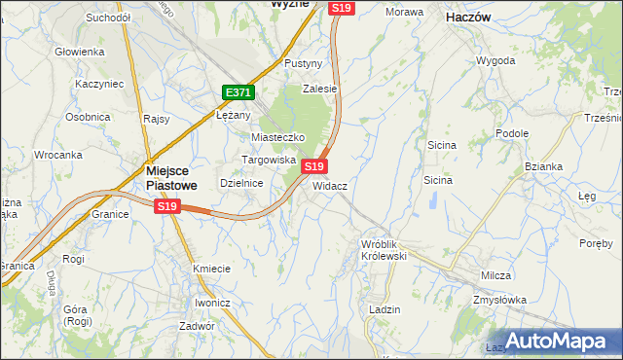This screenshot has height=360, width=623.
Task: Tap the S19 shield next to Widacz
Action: tap(313, 167)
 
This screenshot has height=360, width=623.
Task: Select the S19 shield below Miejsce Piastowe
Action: tap(167, 206)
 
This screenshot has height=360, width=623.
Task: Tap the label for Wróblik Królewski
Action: tap(383, 249)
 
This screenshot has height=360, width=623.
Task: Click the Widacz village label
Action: tap(330, 185)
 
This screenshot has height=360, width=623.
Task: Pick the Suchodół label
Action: tap(108, 18)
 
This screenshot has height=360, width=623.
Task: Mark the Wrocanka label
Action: tap(56, 155)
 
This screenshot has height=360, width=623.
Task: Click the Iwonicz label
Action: tap(211, 303)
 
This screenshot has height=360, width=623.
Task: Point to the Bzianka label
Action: tap(543, 166)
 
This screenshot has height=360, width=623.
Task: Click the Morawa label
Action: tap(404, 12)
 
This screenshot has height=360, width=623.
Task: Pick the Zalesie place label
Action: tap(318, 88)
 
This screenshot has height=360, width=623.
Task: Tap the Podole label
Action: tap(511, 133)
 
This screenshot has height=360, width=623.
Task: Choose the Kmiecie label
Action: tap(211, 269)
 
